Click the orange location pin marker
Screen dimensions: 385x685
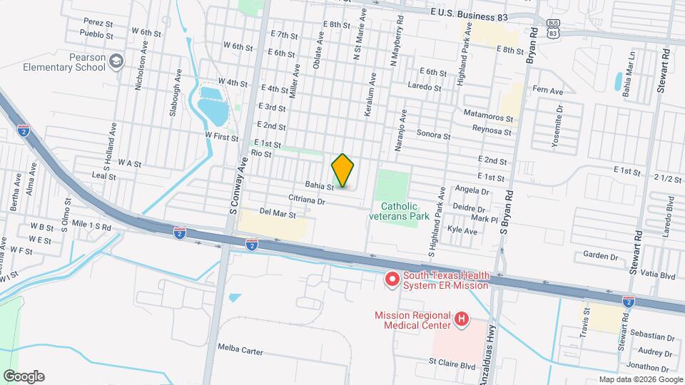(343, 170)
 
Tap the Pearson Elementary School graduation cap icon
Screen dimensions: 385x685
(115, 63)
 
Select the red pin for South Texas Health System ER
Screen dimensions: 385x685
(391, 279)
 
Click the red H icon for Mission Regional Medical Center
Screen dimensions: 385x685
(462, 320)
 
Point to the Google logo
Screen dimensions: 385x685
(24, 376)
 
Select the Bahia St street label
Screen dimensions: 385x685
(320, 185)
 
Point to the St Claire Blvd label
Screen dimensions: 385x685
(452, 365)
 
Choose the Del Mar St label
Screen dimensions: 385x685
(278, 212)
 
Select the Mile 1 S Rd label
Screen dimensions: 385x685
(91, 227)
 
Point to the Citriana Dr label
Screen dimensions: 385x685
(307, 201)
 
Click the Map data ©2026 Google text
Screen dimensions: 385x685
(639, 379)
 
